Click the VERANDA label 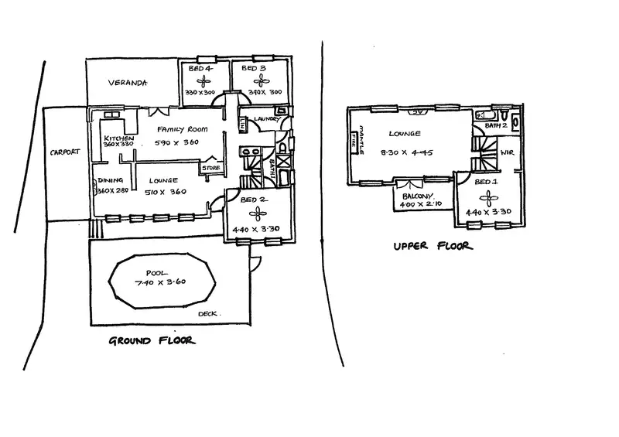[128, 83]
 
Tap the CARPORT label [63, 152]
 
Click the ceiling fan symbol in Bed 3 [252, 80]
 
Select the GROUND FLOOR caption [152, 340]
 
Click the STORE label [210, 167]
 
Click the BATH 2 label [495, 124]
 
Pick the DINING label [106, 181]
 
